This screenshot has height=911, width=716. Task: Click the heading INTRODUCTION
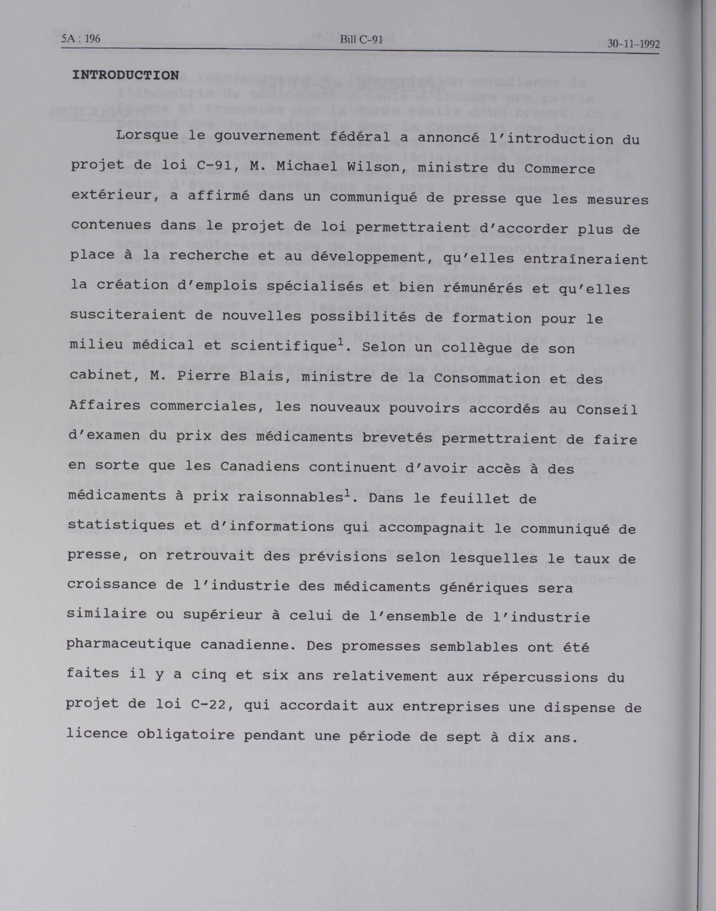tap(125, 75)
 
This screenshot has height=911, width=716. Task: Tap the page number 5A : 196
tap(81, 39)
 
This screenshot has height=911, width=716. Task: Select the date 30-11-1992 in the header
tap(633, 44)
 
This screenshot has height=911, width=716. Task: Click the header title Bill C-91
tap(361, 40)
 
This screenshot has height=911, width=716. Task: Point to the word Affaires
tap(105, 406)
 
